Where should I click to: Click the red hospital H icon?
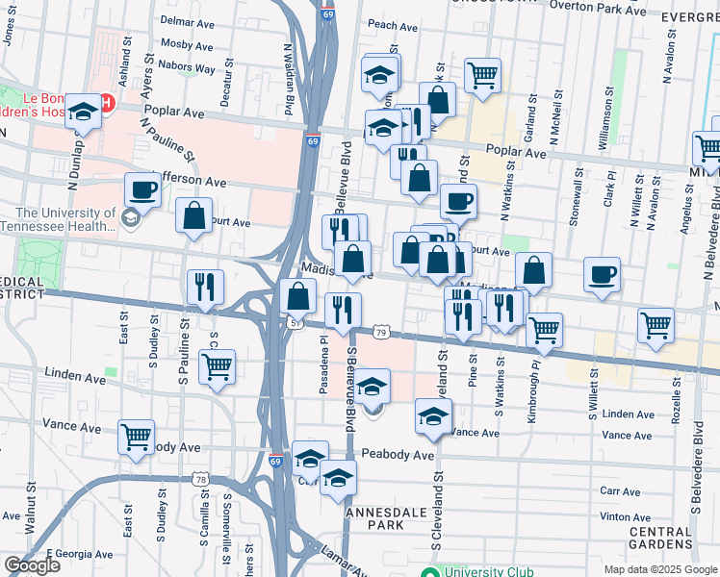[x=108, y=101]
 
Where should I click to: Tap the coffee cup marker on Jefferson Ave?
[x=142, y=190]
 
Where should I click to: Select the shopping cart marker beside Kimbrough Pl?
[x=545, y=330]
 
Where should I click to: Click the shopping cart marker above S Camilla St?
[x=218, y=366]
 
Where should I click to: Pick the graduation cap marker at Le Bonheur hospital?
[x=84, y=113]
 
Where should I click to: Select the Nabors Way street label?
[x=190, y=69]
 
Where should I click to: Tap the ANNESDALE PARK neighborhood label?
[x=381, y=519]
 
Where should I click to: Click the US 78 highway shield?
[x=200, y=479]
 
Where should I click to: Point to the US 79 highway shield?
[x=382, y=333]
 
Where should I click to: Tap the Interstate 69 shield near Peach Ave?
[x=327, y=15]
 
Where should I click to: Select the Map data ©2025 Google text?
[x=660, y=569]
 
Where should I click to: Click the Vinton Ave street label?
[x=627, y=517]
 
